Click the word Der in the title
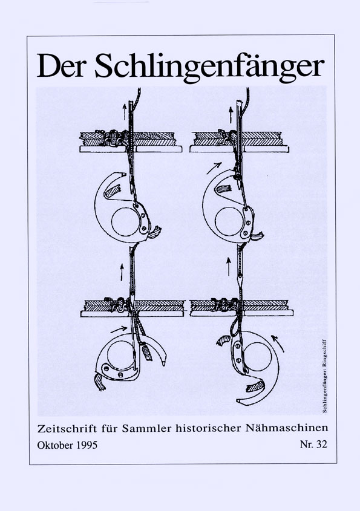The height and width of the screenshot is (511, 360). point(61,65)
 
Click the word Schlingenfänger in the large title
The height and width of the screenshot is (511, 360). point(210,68)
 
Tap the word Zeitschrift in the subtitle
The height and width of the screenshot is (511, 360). point(67,428)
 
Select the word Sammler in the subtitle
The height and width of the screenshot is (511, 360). point(147,428)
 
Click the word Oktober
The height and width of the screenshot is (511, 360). point(56,445)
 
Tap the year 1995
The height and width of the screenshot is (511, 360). point(87,445)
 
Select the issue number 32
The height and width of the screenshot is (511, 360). point(321,444)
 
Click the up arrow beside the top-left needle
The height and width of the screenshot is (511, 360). point(124,112)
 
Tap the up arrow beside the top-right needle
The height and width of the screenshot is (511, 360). point(231,115)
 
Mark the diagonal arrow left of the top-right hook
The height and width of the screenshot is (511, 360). point(214,168)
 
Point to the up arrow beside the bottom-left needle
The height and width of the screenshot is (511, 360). point(122,272)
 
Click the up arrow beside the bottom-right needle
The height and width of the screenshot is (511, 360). point(229,266)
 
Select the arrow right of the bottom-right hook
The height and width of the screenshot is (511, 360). point(278,343)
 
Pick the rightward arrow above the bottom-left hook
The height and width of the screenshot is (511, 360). point(119,330)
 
